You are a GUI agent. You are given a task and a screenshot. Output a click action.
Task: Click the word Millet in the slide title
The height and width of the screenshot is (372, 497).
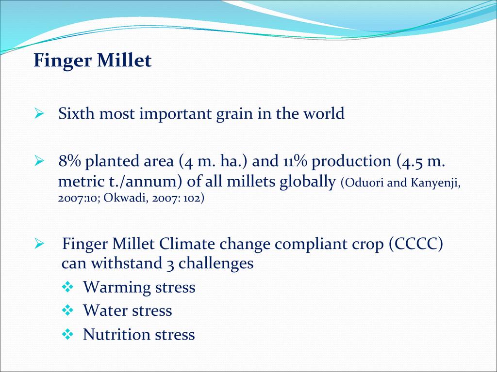click(124, 60)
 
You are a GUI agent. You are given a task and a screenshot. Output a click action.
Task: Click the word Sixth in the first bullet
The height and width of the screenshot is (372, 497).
click(76, 113)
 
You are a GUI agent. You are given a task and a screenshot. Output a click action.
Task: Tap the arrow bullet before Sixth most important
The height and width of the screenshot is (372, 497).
click(39, 113)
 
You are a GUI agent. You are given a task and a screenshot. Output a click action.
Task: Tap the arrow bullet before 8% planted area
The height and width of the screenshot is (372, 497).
click(39, 160)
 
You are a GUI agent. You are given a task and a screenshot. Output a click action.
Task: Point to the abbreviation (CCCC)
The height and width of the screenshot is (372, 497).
click(416, 244)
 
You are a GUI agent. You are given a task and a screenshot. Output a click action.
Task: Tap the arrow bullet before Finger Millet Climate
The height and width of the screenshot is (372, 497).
click(39, 244)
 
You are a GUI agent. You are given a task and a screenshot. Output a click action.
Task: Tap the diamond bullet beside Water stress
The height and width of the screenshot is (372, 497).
click(67, 310)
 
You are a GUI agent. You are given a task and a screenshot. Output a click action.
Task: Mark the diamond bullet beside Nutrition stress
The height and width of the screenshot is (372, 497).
click(67, 334)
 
